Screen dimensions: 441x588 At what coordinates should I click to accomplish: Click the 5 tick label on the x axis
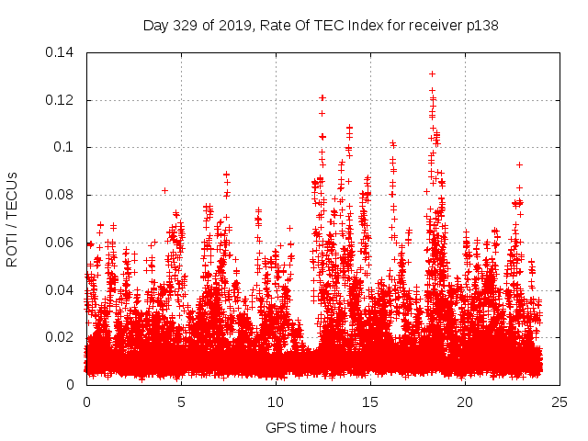click(x=181, y=401)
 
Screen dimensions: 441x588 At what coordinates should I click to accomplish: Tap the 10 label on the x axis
click(x=276, y=401)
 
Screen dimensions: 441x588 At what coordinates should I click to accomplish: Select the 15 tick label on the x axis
click(x=370, y=401)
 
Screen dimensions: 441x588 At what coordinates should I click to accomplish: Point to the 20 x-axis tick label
click(x=465, y=401)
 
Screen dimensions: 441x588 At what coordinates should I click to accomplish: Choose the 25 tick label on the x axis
click(x=560, y=401)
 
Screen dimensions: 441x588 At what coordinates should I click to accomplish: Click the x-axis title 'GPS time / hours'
click(x=322, y=427)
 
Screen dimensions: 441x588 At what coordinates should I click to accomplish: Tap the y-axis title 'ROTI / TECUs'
click(x=13, y=219)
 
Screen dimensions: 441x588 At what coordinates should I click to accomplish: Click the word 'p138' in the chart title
click(x=482, y=26)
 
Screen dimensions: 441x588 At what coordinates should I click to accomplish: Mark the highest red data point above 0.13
click(x=432, y=73)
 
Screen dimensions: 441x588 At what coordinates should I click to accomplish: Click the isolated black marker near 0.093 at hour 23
click(x=520, y=164)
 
